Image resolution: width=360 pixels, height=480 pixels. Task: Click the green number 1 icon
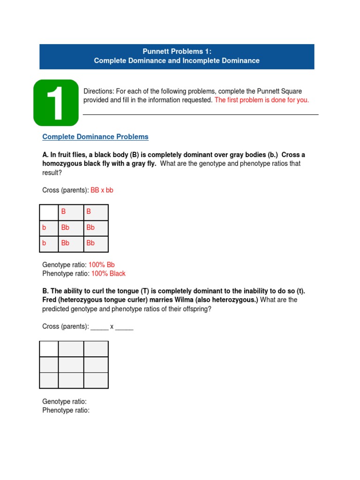click(56, 103)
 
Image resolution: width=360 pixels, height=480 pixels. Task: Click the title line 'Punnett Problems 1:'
click(177, 52)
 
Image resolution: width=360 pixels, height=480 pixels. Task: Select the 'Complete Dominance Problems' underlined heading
click(95, 137)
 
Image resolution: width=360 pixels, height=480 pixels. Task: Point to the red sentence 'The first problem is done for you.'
click(262, 100)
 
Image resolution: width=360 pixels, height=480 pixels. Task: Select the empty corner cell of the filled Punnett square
click(49, 212)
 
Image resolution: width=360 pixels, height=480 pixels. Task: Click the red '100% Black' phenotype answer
click(108, 274)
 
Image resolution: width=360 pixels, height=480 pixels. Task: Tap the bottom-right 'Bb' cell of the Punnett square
click(96, 243)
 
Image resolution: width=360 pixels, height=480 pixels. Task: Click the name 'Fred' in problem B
click(50, 300)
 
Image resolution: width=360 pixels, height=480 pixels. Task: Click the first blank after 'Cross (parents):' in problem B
click(99, 327)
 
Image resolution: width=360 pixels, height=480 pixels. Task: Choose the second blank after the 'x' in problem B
click(124, 327)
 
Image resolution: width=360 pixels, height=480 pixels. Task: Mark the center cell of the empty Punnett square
click(71, 365)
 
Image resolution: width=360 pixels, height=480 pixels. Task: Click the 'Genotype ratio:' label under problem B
click(65, 402)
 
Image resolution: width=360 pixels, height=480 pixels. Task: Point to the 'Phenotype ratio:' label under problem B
click(66, 411)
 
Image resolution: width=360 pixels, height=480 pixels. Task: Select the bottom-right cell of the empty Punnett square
click(96, 380)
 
